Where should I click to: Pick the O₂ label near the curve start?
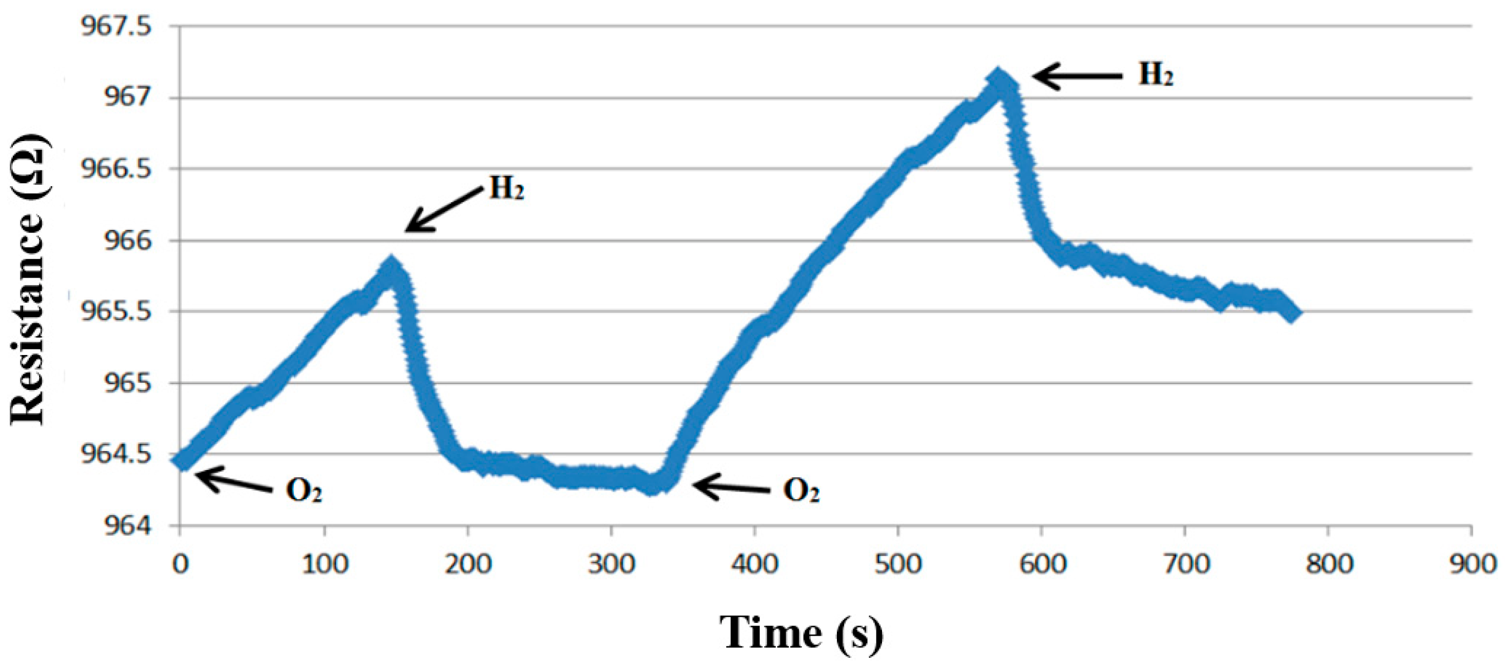304,491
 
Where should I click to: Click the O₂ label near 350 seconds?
801,491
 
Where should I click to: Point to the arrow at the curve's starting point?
234,482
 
